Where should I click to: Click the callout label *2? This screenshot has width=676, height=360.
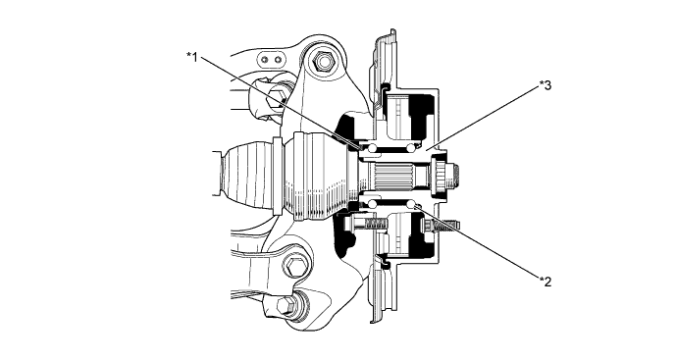(x=546, y=281)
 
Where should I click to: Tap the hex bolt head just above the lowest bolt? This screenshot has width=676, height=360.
(x=293, y=268)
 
